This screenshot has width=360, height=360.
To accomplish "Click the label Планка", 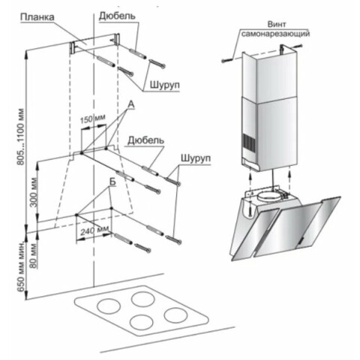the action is click(x=37, y=17).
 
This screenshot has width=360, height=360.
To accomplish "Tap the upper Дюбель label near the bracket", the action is click(x=117, y=16).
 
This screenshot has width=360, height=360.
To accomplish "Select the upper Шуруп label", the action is click(x=165, y=85).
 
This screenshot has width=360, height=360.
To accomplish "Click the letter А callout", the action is click(x=131, y=104).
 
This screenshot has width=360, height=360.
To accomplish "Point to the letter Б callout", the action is click(x=112, y=181).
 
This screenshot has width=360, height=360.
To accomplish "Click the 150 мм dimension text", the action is click(x=93, y=118).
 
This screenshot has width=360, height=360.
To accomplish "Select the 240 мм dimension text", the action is click(x=95, y=230).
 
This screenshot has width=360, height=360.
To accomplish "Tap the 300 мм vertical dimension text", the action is click(x=33, y=192).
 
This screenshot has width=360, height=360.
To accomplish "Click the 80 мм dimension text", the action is click(x=33, y=256).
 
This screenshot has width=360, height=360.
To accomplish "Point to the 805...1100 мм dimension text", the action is click(x=21, y=136).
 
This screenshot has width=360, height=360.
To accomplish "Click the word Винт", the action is click(x=277, y=24).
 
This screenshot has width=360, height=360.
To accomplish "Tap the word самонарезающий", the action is click(x=275, y=33).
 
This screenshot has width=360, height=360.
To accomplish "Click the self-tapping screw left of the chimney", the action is click(x=227, y=60).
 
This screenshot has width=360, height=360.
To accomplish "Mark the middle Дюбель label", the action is click(x=146, y=140).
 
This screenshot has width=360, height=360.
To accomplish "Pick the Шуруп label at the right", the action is click(x=196, y=158).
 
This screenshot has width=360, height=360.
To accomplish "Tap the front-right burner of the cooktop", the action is click(x=175, y=315).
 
